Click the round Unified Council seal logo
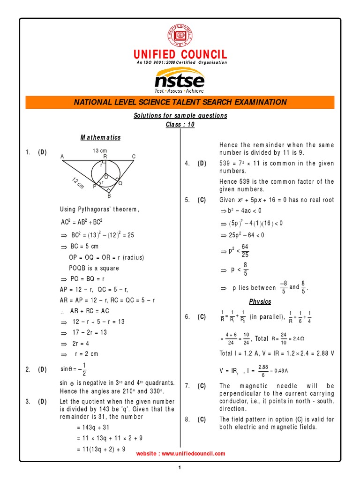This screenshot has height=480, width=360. (x=180, y=35)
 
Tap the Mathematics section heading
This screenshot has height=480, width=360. (x=100, y=137)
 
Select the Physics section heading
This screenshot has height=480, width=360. (x=260, y=301)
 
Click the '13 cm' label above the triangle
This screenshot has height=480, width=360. (x=99, y=150)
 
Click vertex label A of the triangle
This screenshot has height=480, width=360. (x=62, y=157)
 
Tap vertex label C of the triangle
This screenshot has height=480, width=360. (x=134, y=157)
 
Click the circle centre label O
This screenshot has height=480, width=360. (x=106, y=177)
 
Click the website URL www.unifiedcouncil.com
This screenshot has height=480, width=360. (x=180, y=453)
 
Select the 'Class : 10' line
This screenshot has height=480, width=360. (x=180, y=125)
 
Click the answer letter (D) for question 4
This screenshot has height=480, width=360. (x=202, y=163)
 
